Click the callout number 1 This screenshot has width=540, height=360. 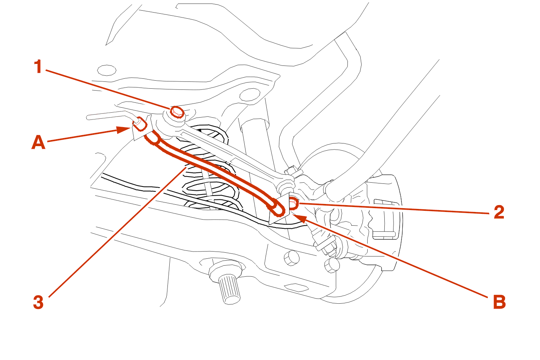click(x=38, y=67)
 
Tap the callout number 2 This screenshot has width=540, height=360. click(x=499, y=212)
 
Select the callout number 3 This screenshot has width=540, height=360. click(x=38, y=303)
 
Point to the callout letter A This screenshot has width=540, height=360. click(x=38, y=142)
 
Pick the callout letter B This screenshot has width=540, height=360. click(x=499, y=302)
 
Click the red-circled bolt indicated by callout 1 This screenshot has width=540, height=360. click(x=177, y=112)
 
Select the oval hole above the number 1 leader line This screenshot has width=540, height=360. click(x=107, y=70)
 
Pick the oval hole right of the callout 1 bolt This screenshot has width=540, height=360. click(x=250, y=95)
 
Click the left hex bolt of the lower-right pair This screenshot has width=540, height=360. click(x=292, y=258)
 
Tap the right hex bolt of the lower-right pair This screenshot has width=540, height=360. click(x=332, y=265)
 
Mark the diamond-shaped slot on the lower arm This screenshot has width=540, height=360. click(x=296, y=288)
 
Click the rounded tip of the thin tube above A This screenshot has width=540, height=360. click(x=89, y=118)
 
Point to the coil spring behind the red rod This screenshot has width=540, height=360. click(x=210, y=169)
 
